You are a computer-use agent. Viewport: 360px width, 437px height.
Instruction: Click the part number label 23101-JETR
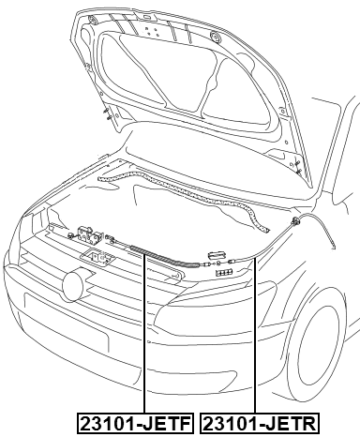point(260,423)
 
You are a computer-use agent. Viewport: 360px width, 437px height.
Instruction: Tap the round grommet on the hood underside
point(216,37)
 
